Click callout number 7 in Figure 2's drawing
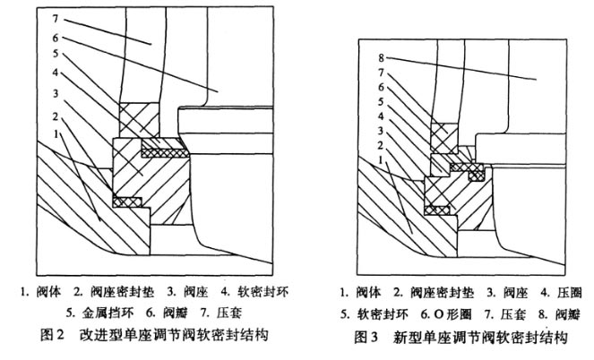55,17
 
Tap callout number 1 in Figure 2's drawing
56,133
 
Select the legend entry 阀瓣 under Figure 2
168,313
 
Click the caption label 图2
40,336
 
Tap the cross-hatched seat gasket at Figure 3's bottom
438,211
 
